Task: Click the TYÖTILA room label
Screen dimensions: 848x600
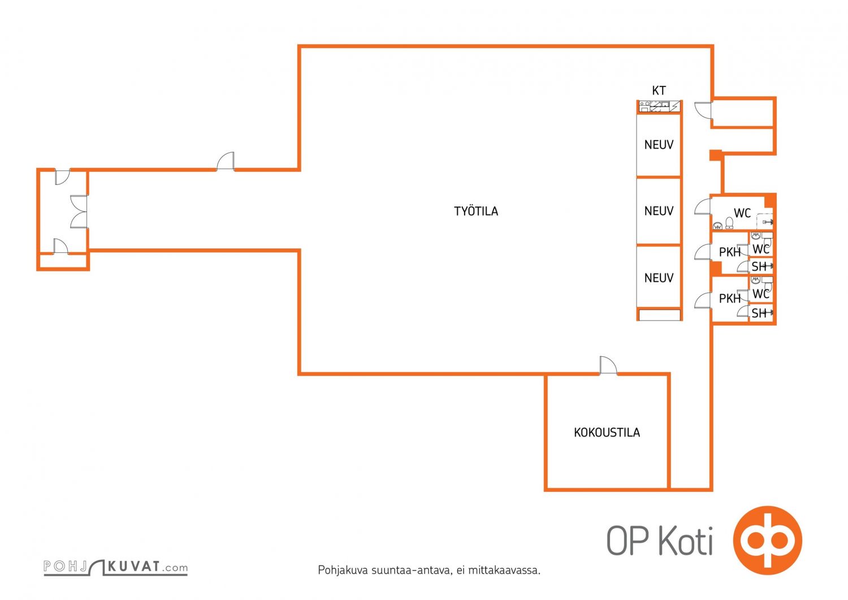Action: click(476, 211)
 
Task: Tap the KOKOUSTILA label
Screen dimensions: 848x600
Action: click(607, 432)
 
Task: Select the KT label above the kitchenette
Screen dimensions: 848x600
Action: click(659, 90)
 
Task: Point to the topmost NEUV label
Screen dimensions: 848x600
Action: click(659, 144)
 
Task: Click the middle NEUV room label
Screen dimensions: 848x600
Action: click(659, 210)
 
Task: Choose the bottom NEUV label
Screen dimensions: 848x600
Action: click(659, 278)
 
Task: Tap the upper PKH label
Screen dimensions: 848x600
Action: click(729, 252)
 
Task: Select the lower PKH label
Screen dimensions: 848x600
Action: click(729, 299)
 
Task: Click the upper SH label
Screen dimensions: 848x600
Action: click(759, 266)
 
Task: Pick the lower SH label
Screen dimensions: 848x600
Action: click(759, 313)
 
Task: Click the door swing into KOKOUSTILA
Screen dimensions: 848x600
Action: click(608, 365)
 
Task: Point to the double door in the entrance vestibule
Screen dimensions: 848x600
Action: click(79, 211)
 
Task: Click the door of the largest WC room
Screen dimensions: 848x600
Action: click(703, 207)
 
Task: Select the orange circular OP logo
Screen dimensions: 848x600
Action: click(767, 540)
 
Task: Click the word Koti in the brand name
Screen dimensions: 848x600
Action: click(686, 541)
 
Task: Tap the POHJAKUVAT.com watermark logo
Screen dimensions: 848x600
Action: click(115, 567)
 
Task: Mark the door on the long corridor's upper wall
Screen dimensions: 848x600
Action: click(225, 161)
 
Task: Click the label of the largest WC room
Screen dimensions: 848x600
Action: click(742, 213)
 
